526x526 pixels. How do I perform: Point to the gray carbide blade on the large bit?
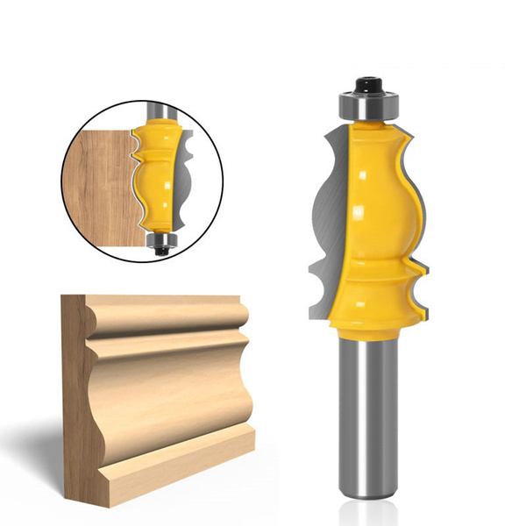[329, 210]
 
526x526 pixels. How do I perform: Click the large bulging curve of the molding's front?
[175, 386]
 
